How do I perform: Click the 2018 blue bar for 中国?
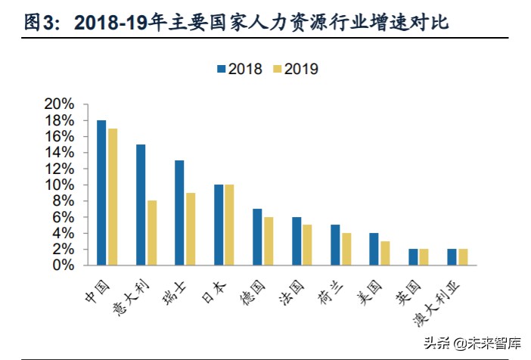point(101,193)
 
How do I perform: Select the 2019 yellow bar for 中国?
point(112,197)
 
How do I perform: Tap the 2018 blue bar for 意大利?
point(141,205)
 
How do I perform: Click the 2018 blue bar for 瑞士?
point(179,213)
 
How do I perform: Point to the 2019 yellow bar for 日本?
point(229,225)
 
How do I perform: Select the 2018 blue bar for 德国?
point(257,237)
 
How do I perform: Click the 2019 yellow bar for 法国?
point(307,245)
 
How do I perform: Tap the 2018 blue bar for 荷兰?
point(335,245)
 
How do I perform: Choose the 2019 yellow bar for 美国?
point(385,253)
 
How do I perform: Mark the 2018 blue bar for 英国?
point(413,257)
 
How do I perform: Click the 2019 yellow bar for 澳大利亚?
point(463,257)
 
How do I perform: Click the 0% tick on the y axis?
point(64,265)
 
